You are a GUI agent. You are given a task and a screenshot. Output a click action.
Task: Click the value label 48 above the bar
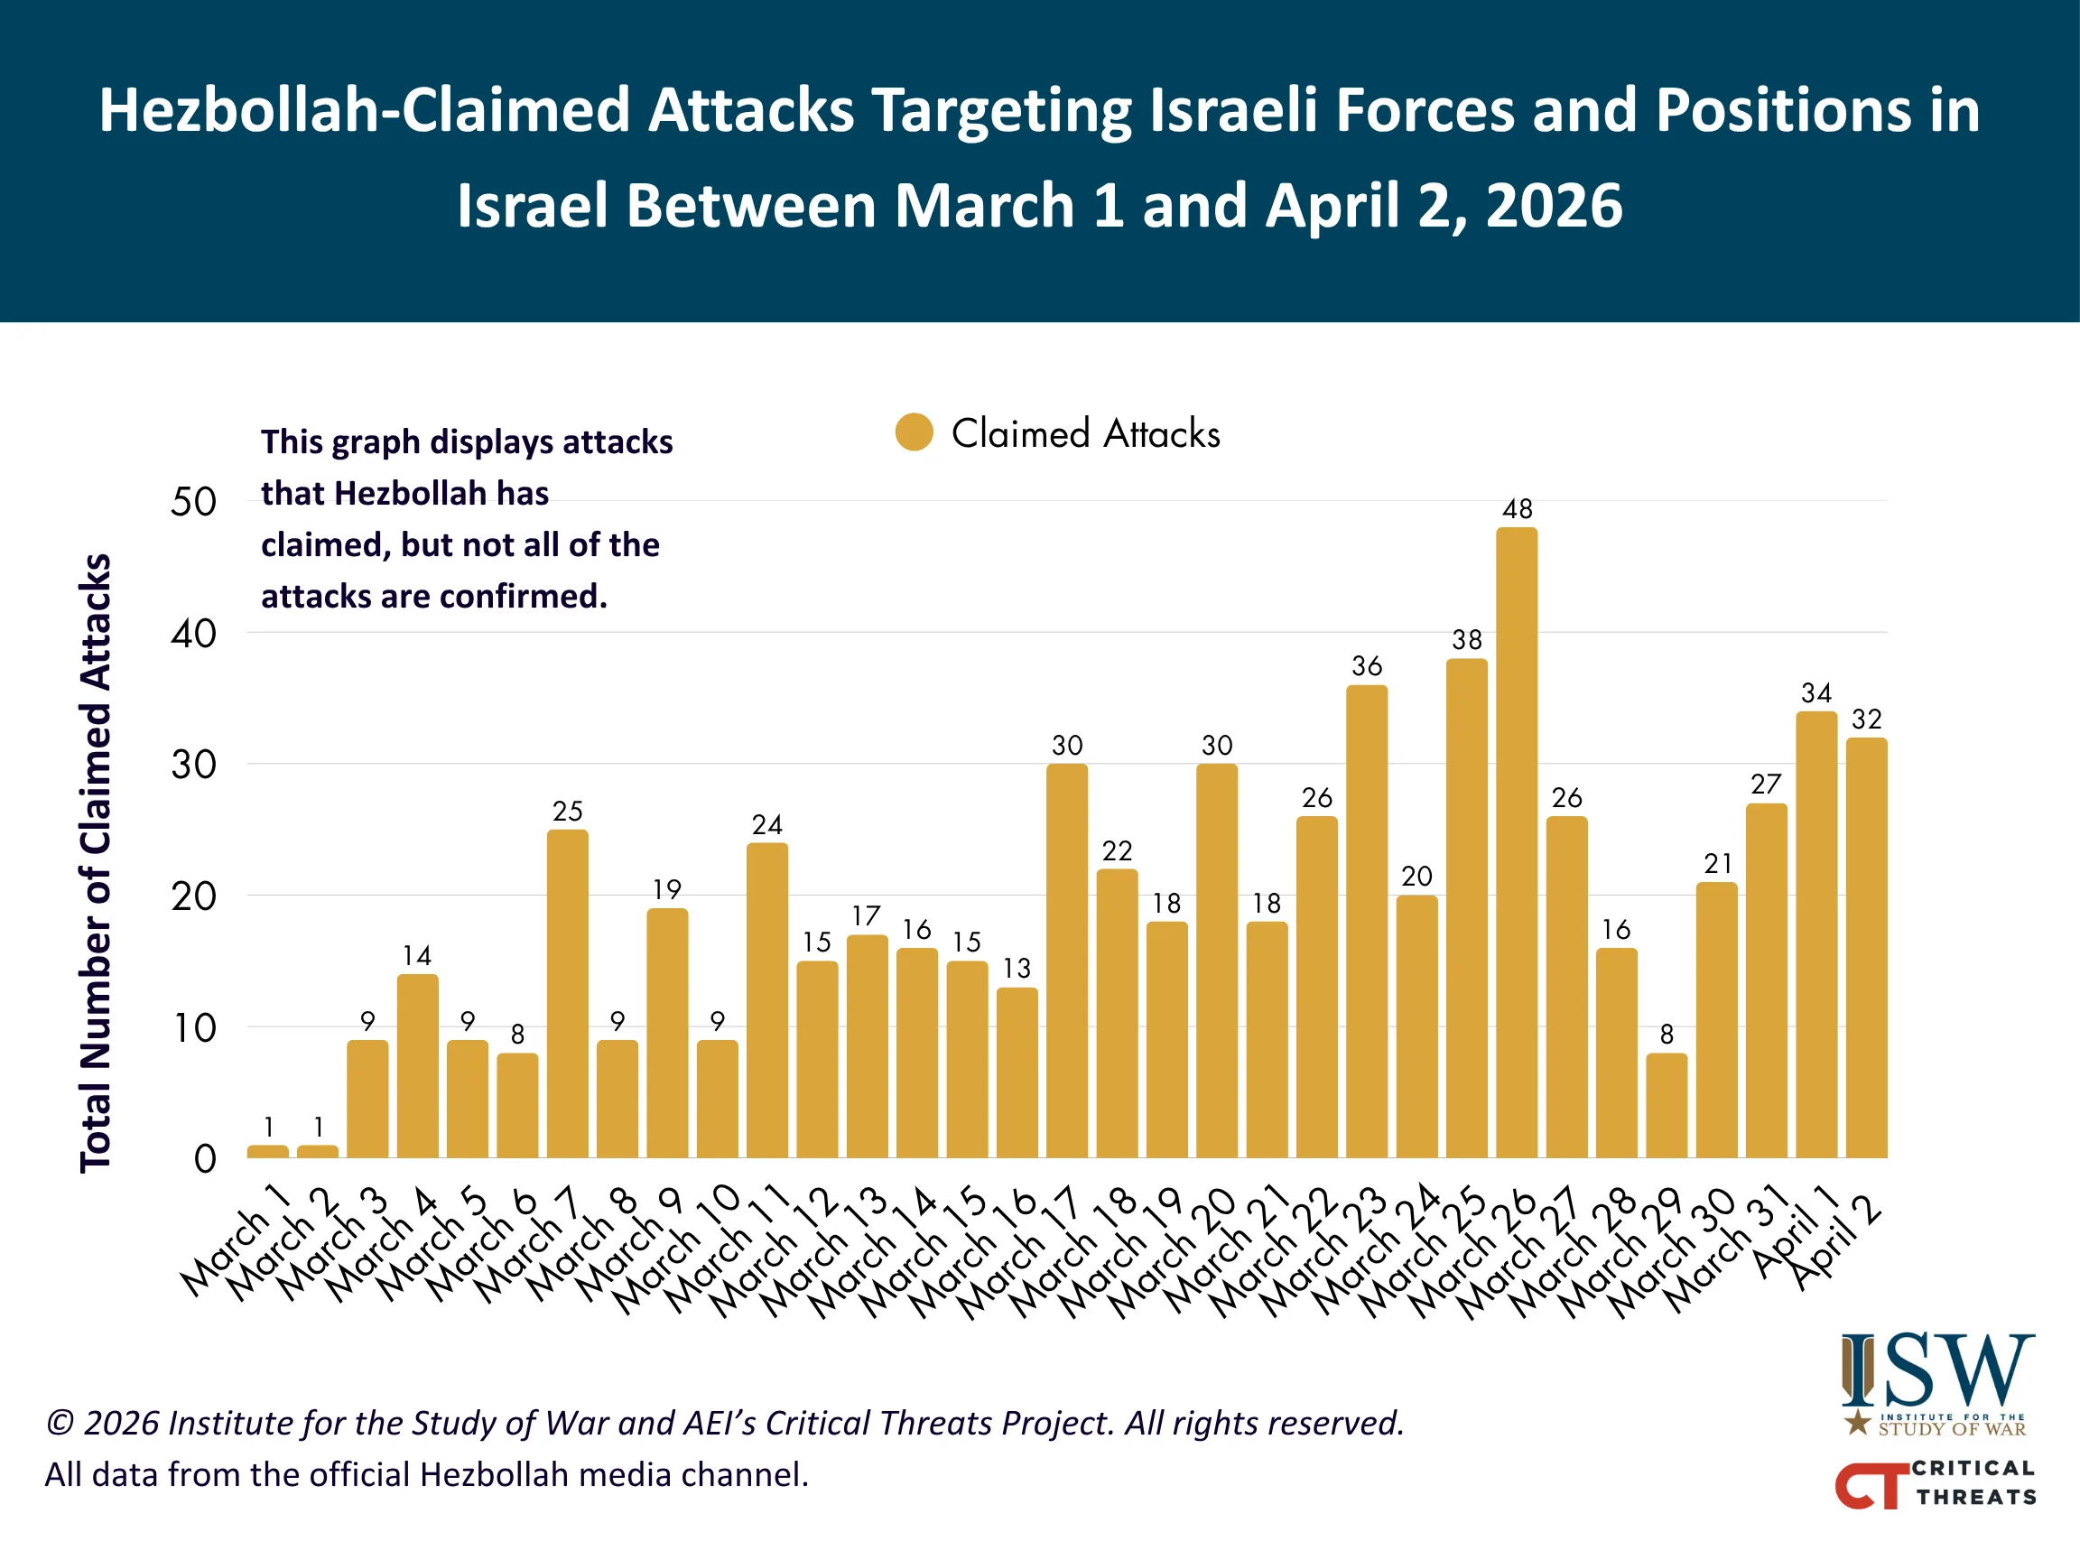point(1517,509)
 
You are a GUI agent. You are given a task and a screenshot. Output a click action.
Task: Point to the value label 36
point(1366,666)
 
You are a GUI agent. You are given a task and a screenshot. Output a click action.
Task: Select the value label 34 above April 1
point(1815,693)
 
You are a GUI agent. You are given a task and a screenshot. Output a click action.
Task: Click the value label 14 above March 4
point(416,955)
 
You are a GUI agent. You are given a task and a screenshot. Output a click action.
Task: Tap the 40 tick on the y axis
point(194,634)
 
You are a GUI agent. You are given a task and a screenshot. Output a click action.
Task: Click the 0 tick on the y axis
point(205,1158)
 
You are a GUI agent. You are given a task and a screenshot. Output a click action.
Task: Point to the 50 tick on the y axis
point(194,502)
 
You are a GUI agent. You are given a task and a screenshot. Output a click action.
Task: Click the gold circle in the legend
point(914,432)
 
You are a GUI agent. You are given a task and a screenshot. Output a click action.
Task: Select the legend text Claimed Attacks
point(1085,433)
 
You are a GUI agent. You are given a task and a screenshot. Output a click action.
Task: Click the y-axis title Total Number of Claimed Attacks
point(96,862)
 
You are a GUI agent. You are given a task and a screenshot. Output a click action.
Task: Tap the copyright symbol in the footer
point(60,1423)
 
